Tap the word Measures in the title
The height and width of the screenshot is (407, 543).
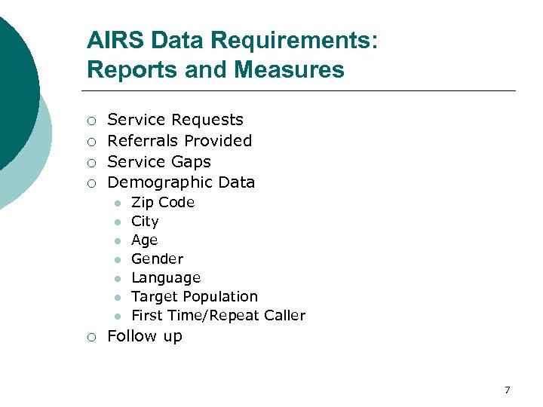pyautogui.click(x=289, y=70)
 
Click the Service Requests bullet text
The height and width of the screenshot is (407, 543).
pyautogui.click(x=175, y=120)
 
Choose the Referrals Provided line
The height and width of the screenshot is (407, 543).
pyautogui.click(x=179, y=140)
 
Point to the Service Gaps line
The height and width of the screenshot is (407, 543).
pyautogui.click(x=159, y=161)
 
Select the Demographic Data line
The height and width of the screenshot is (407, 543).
pyautogui.click(x=181, y=182)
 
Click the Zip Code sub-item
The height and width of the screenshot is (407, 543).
pyautogui.click(x=163, y=202)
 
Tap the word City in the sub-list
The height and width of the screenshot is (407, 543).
pyautogui.click(x=145, y=221)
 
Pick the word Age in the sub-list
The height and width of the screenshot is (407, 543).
pyautogui.click(x=144, y=240)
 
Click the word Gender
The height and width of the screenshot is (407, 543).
pyautogui.click(x=157, y=259)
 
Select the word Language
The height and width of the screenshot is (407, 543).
pyautogui.click(x=166, y=277)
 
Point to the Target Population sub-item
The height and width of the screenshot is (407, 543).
pyautogui.click(x=195, y=296)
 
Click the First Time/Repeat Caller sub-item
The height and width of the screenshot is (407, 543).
pyautogui.click(x=218, y=315)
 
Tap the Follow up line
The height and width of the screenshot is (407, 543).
pyautogui.click(x=145, y=336)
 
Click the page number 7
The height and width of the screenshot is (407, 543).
pyautogui.click(x=507, y=390)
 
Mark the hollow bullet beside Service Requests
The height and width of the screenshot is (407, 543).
pyautogui.click(x=90, y=121)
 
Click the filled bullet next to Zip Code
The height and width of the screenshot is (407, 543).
pyautogui.click(x=117, y=203)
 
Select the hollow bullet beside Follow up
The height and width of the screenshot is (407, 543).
pyautogui.click(x=90, y=337)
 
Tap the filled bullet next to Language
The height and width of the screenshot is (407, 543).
pyautogui.click(x=117, y=279)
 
